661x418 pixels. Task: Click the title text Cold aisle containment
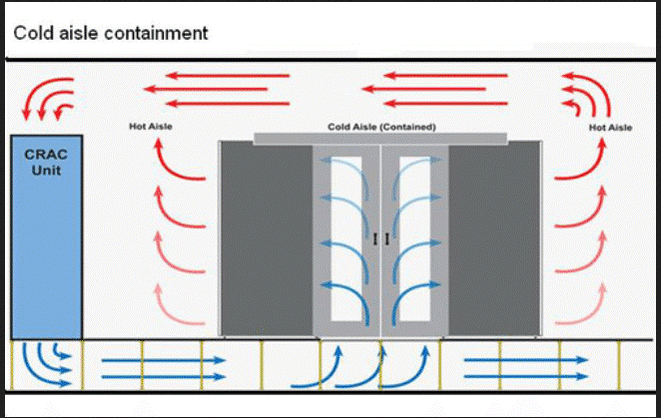(x=110, y=33)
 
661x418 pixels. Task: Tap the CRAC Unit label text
(x=45, y=163)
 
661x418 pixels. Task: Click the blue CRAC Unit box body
(x=45, y=249)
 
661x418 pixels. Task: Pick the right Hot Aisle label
(x=610, y=128)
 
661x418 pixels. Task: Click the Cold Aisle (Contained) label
(x=381, y=127)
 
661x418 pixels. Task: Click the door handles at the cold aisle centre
(x=379, y=239)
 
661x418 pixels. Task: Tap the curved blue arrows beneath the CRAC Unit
(x=45, y=363)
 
